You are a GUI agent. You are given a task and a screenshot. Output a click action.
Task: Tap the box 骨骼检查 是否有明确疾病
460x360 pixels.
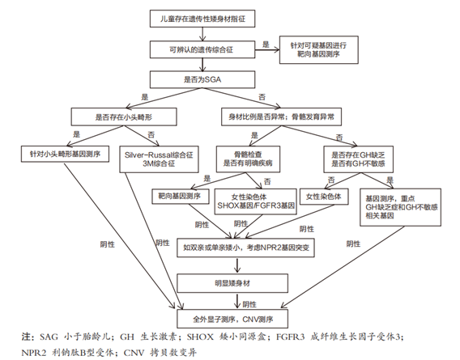(248, 156)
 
